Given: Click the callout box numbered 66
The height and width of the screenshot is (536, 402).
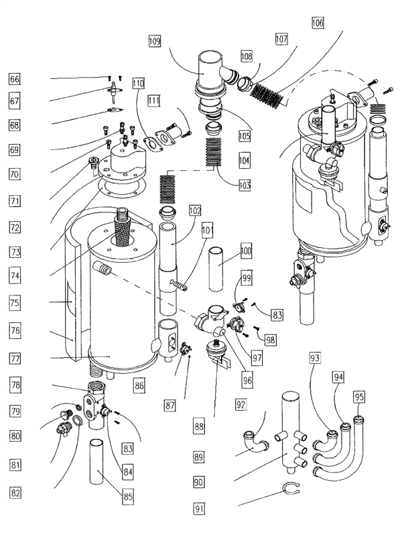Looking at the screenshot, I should click(x=14, y=79).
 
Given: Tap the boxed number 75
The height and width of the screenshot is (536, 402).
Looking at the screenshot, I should click(x=14, y=302).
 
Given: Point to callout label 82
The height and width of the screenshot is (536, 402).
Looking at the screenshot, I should click(x=14, y=492).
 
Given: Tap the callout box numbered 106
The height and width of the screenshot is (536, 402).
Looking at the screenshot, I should click(x=317, y=23).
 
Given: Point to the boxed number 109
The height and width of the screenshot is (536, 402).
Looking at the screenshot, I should click(x=155, y=42).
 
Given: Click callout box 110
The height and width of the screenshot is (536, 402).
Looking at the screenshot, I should click(x=138, y=84).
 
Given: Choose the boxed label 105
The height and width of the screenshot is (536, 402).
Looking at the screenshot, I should click(x=244, y=136).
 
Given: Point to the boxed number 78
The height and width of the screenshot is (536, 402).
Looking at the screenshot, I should click(x=14, y=385).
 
